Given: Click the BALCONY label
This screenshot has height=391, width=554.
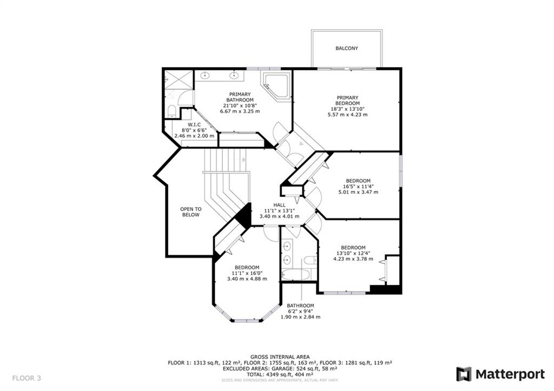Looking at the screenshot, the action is click(347, 48).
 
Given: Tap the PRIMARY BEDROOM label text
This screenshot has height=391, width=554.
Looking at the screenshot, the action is click(347, 100).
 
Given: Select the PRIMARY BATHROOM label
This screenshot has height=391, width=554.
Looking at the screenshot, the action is click(240, 97).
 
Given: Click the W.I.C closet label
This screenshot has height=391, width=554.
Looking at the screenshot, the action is click(194, 125).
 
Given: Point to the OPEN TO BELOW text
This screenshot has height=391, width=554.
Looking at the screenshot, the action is click(191, 212).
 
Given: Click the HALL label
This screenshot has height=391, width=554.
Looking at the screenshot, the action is click(279, 205).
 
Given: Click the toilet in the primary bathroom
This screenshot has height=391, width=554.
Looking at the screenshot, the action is click(172, 111).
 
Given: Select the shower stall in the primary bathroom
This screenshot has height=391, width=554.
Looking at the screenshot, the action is click(179, 87).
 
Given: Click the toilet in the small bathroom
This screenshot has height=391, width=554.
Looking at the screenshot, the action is click(310, 260).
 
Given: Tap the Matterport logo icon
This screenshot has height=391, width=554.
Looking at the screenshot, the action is click(464, 374).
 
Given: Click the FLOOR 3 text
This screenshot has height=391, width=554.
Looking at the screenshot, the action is click(27, 378).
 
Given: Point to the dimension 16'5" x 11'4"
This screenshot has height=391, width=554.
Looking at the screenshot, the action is click(358, 187).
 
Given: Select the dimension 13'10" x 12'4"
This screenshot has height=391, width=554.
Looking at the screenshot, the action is click(353, 253).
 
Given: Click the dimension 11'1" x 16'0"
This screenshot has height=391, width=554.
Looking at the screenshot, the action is click(247, 273).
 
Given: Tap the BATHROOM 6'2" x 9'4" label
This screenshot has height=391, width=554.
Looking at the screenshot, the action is click(300, 311).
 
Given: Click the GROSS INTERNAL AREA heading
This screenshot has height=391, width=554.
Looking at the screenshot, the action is click(280, 357).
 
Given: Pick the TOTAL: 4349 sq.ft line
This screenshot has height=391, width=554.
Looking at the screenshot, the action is click(280, 374).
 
